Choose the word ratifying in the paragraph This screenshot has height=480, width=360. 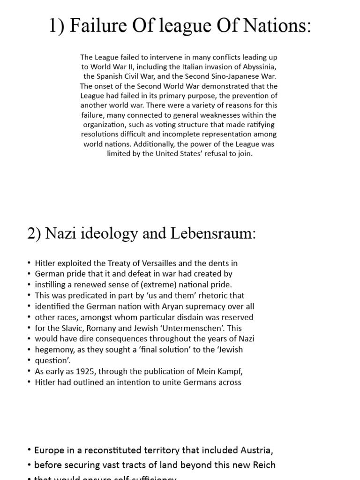(259, 125)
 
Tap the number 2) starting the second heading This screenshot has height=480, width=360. (35, 233)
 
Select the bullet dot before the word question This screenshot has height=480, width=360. (29, 360)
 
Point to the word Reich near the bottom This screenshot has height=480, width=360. (263, 465)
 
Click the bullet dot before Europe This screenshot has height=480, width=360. (30, 450)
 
